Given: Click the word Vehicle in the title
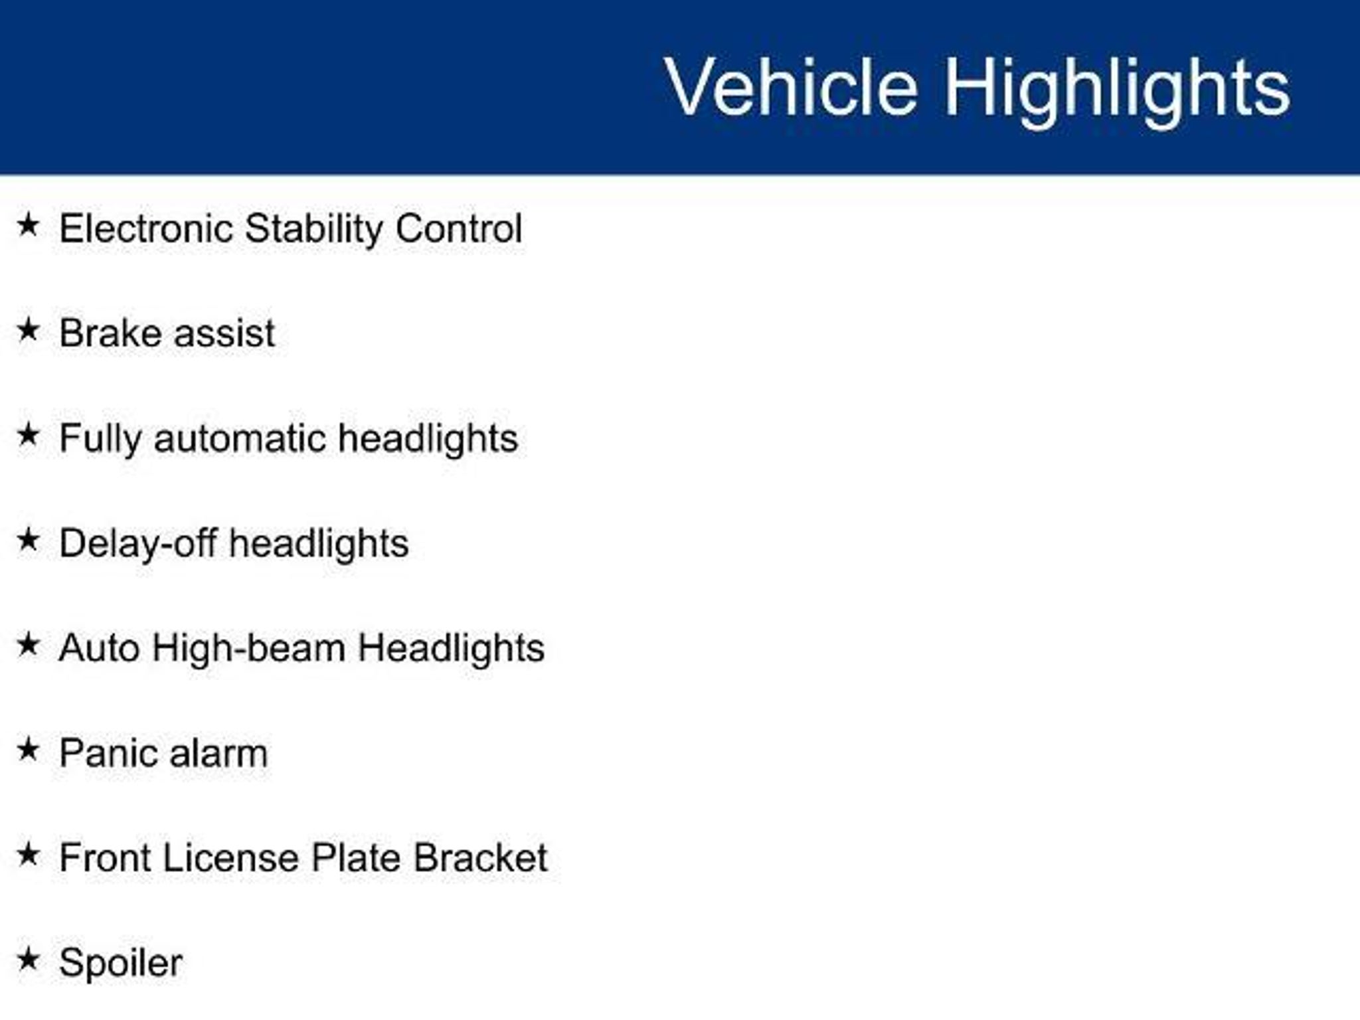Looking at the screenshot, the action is pyautogui.click(x=791, y=87).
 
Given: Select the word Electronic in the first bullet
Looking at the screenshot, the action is pyautogui.click(x=146, y=228).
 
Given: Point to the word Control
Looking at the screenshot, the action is pyautogui.click(x=459, y=228).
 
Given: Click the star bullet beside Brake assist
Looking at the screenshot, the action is pyautogui.click(x=28, y=329).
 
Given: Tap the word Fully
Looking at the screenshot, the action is pyautogui.click(x=100, y=439).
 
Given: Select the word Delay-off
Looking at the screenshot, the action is pyautogui.click(x=138, y=544).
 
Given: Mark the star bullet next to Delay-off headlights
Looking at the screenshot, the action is pyautogui.click(x=28, y=539).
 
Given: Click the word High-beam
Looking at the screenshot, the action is pyautogui.click(x=248, y=648).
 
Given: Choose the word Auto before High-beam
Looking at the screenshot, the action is pyautogui.click(x=99, y=648).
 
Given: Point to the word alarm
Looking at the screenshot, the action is pyautogui.click(x=218, y=753).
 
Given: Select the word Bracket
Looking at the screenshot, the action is pyautogui.click(x=481, y=858).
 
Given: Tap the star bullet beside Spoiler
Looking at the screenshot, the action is pyautogui.click(x=28, y=959).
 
